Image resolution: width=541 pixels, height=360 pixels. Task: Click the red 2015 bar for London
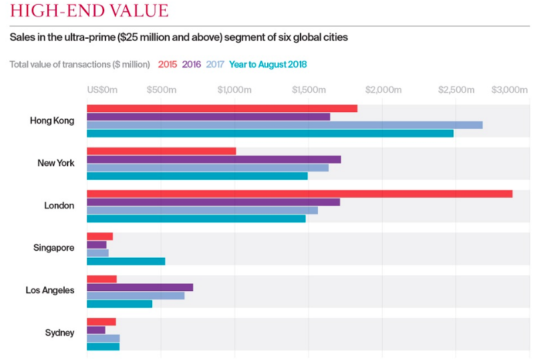(299, 194)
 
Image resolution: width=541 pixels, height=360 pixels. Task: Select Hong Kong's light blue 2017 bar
(285, 125)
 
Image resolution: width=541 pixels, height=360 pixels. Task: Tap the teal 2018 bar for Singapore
(126, 261)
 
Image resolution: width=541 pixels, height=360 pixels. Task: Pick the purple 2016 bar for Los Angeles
(140, 287)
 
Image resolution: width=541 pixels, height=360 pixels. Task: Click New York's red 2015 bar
(161, 151)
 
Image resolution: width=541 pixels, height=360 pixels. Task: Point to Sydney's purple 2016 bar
(96, 330)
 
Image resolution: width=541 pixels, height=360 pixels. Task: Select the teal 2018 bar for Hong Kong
(270, 134)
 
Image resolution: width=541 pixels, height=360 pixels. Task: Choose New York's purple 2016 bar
(214, 160)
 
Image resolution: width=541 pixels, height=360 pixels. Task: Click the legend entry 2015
(167, 65)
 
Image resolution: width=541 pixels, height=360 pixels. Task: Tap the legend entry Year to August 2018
(268, 65)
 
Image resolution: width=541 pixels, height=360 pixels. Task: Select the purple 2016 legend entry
(192, 65)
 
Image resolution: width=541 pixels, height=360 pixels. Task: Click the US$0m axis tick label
(102, 90)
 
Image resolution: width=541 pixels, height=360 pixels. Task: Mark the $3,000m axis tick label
(510, 90)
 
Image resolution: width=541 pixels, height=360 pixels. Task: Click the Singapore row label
(54, 248)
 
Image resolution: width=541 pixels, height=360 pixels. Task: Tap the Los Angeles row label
(50, 291)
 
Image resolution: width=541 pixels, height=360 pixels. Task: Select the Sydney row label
(59, 333)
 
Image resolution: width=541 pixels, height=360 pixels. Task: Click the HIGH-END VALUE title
(89, 11)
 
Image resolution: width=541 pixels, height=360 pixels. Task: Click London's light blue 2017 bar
(202, 210)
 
